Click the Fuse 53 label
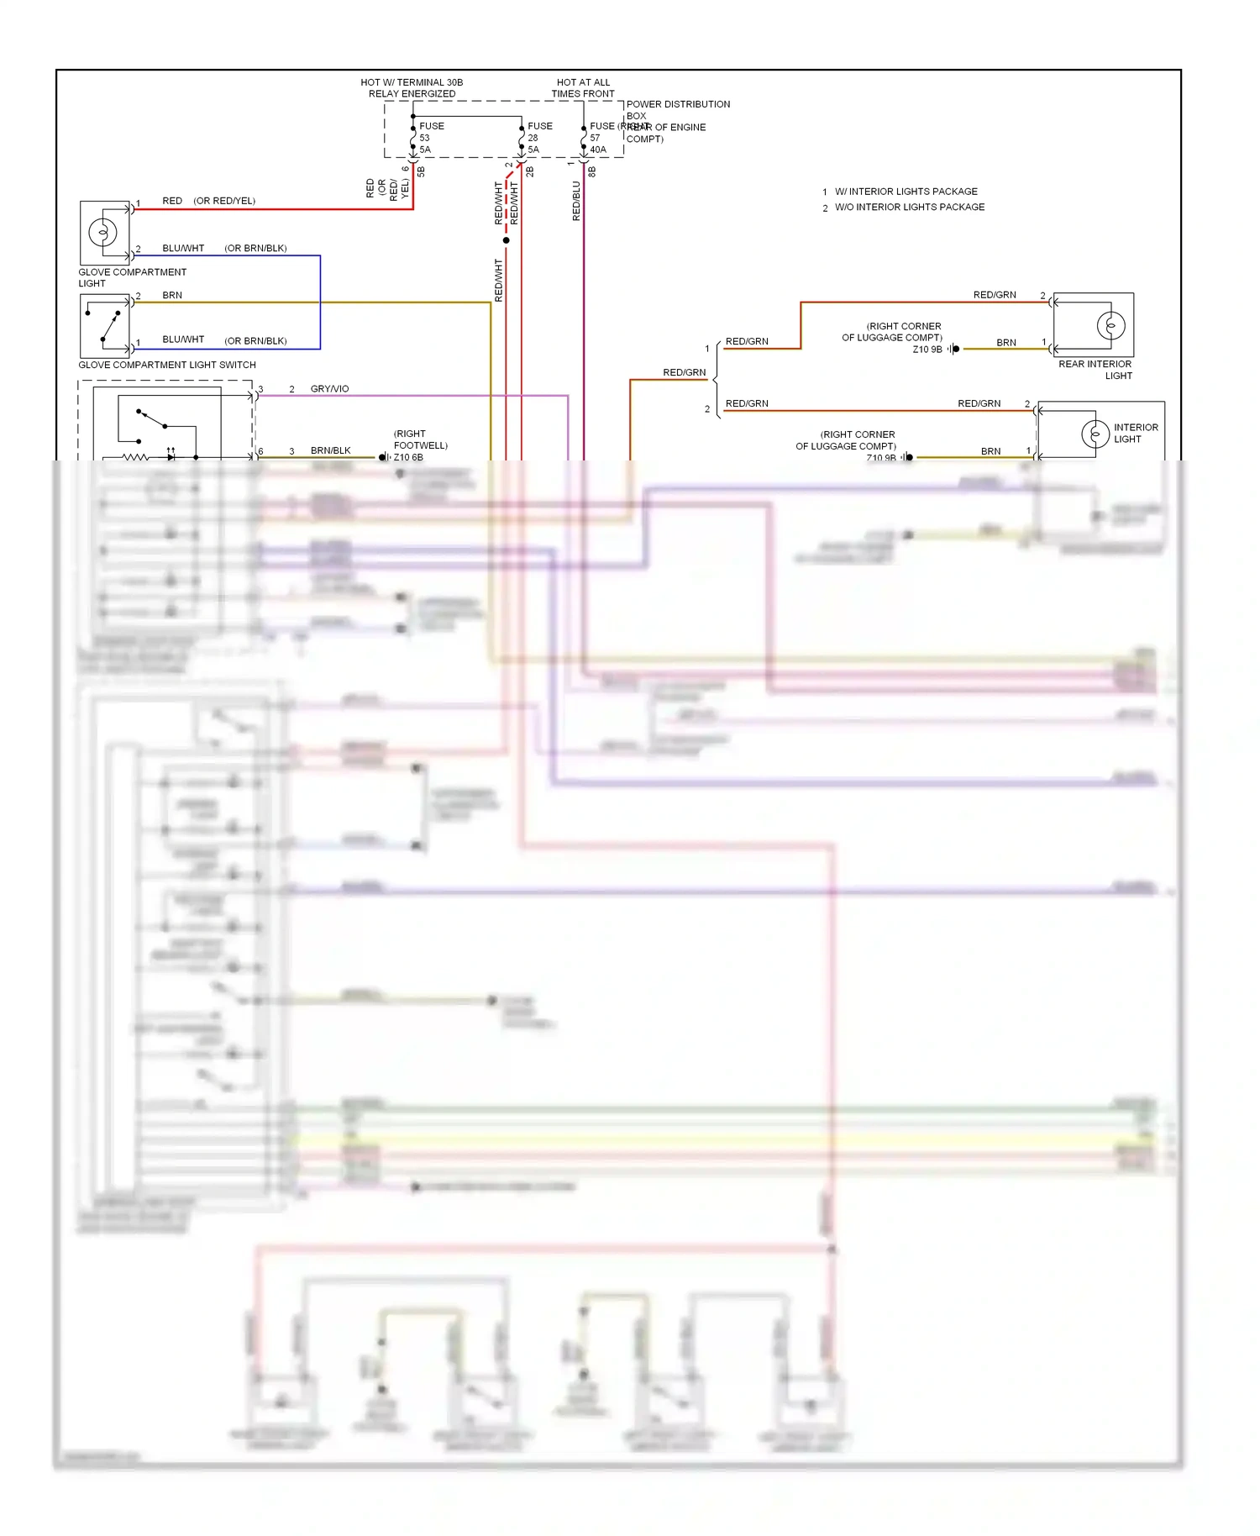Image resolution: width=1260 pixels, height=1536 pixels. click(431, 132)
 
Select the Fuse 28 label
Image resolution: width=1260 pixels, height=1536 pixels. click(539, 132)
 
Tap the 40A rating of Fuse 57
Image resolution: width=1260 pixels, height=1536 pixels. click(598, 150)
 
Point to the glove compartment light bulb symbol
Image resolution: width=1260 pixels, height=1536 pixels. click(102, 232)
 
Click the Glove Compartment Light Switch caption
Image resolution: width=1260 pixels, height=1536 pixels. click(167, 365)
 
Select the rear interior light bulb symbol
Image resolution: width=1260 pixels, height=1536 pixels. click(1110, 325)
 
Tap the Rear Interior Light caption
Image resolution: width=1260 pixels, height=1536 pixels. click(1095, 369)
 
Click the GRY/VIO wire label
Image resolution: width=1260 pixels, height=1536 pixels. click(329, 389)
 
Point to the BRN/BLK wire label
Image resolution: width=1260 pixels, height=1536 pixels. click(330, 451)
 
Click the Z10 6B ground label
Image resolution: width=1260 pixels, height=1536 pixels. click(408, 458)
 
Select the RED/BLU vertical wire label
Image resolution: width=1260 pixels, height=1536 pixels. click(576, 201)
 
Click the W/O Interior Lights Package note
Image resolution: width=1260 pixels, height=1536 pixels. click(909, 207)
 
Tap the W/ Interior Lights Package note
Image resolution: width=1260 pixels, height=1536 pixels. click(906, 192)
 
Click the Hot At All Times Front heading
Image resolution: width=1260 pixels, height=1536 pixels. click(583, 88)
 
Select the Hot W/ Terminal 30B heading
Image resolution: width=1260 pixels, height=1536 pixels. click(412, 88)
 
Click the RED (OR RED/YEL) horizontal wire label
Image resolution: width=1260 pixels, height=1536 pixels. click(208, 201)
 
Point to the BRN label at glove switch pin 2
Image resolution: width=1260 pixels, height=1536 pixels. click(172, 296)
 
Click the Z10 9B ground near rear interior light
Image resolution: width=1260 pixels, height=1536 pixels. click(927, 350)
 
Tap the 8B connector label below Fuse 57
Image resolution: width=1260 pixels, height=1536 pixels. click(592, 171)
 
